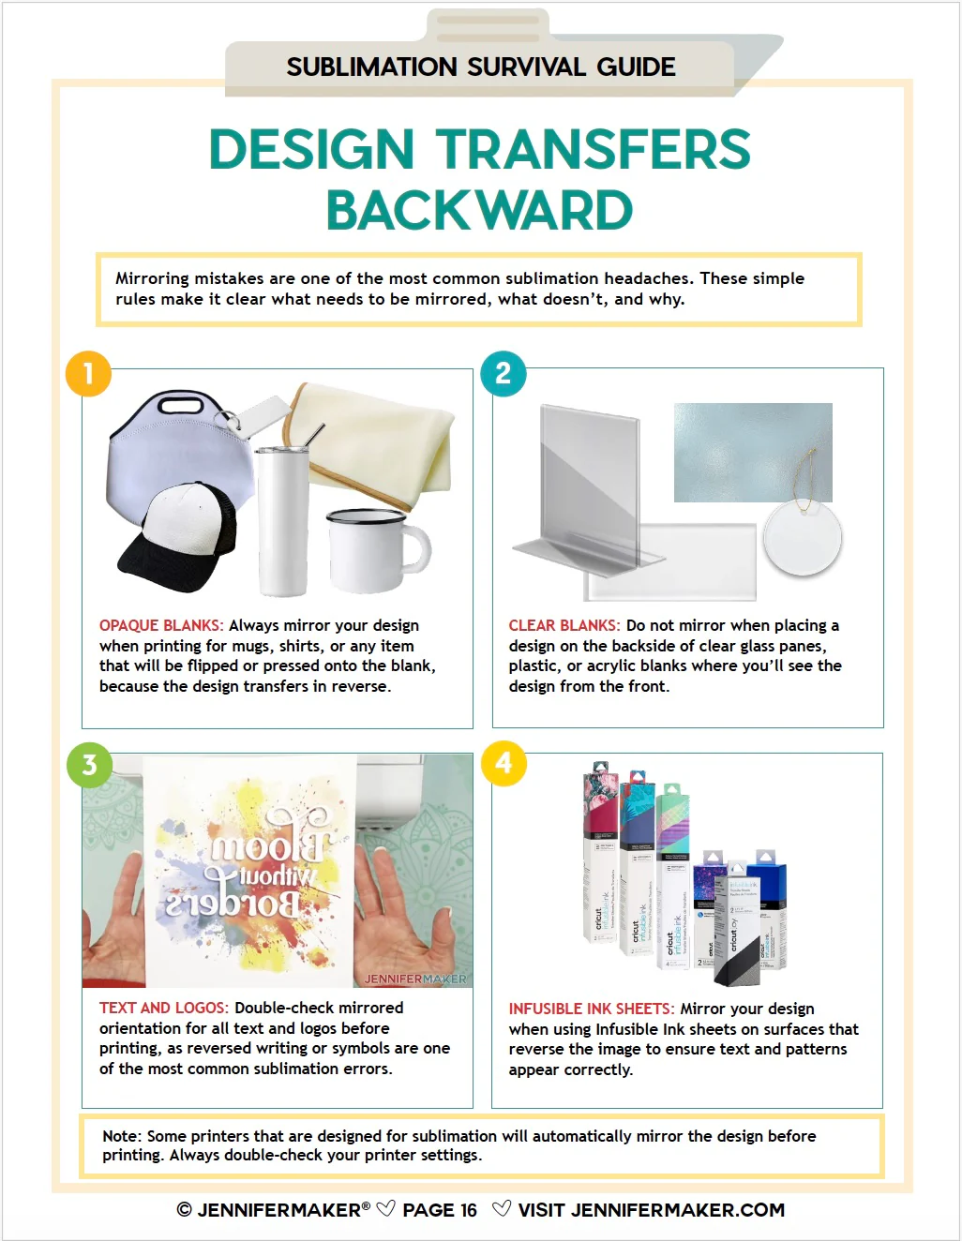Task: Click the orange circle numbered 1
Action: coord(88,373)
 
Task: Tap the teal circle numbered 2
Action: coord(504,373)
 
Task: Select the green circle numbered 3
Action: coord(89,765)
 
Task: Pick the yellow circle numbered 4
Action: coord(504,763)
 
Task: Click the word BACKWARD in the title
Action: coord(479,211)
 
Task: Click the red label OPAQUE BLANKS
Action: coord(161,625)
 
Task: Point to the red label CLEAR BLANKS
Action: coord(564,625)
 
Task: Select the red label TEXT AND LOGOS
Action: coord(163,1008)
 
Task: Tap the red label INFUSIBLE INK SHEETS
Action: coord(591,1009)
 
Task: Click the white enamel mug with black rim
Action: coord(373,551)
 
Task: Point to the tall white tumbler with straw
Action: coord(283,520)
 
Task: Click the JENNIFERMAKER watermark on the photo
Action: coord(414,979)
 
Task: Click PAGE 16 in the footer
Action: coord(439,1210)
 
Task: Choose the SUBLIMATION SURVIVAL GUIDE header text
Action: coord(480,67)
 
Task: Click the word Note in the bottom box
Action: coord(121,1136)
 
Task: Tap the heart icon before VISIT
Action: coord(502,1209)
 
